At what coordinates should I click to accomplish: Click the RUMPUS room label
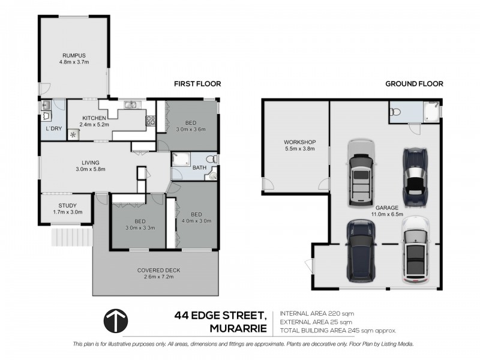pyautogui.click(x=74, y=55)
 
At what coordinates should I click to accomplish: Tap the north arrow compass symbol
pyautogui.click(x=116, y=321)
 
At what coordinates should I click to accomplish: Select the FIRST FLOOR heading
pyautogui.click(x=197, y=84)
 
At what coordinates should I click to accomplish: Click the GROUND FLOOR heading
pyautogui.click(x=414, y=84)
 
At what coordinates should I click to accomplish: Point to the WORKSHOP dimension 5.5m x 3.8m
pyautogui.click(x=299, y=149)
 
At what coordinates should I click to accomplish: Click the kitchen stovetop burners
pyautogui.click(x=151, y=121)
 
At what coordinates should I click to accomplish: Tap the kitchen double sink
pyautogui.click(x=131, y=104)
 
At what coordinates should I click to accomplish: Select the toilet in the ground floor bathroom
pyautogui.click(x=395, y=112)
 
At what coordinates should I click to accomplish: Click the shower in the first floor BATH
pyautogui.click(x=181, y=159)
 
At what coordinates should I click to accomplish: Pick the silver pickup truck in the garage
pyautogui.click(x=362, y=173)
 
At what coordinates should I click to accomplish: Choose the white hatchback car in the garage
pyautogui.click(x=415, y=250)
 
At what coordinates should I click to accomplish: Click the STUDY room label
pyautogui.click(x=67, y=206)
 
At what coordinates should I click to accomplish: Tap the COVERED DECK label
pyautogui.click(x=158, y=271)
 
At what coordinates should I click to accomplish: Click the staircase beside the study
pyautogui.click(x=72, y=236)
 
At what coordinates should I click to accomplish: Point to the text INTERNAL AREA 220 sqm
pyautogui.click(x=317, y=313)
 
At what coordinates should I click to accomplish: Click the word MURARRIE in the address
pyautogui.click(x=238, y=328)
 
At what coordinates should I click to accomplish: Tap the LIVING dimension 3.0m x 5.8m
pyautogui.click(x=91, y=169)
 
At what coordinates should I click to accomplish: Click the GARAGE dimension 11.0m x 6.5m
pyautogui.click(x=387, y=214)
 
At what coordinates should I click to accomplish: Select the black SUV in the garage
pyautogui.click(x=361, y=251)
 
